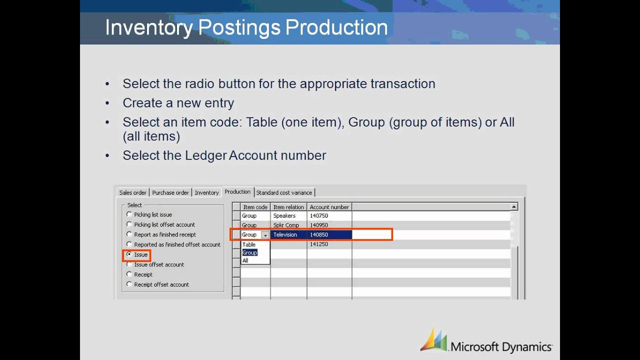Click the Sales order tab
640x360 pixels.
tap(133, 192)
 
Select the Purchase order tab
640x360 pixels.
tap(170, 192)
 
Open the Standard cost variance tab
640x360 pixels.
tap(284, 192)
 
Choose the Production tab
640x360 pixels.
tap(237, 192)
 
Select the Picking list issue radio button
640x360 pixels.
tap(129, 214)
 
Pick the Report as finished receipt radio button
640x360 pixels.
tap(129, 234)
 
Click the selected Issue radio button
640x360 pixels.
tap(129, 254)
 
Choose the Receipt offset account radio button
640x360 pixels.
tap(129, 284)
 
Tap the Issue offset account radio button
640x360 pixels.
tap(129, 264)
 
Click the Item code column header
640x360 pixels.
tap(255, 207)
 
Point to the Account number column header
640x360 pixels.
tap(329, 207)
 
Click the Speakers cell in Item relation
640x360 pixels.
tap(284, 216)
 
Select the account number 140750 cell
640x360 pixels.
tap(319, 216)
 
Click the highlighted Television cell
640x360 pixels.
tap(285, 234)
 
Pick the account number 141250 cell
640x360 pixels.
tap(319, 244)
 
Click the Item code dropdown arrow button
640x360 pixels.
tap(265, 235)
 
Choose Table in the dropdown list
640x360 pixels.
tap(249, 244)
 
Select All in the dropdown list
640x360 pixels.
tap(245, 260)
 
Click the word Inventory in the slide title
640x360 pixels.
tap(148, 27)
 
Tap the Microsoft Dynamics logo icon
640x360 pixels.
tap(433, 340)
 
